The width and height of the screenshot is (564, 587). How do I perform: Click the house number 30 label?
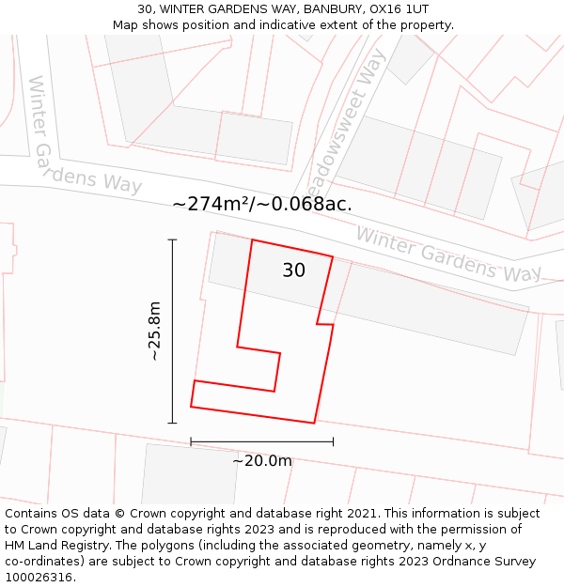[x=293, y=270]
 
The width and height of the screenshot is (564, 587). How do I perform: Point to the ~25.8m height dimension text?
[x=155, y=332]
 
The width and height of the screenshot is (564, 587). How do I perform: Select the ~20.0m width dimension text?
[x=262, y=460]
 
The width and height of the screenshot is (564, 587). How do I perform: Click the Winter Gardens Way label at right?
[x=447, y=254]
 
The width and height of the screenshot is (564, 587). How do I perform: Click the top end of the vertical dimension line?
[x=172, y=239]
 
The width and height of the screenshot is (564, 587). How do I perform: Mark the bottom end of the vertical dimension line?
[x=172, y=424]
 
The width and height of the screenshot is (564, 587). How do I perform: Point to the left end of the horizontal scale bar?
[x=191, y=440]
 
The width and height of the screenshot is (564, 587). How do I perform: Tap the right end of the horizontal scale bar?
[x=333, y=440]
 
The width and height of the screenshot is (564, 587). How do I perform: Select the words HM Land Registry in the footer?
[x=52, y=545]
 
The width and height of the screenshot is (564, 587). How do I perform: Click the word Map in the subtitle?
[x=126, y=25]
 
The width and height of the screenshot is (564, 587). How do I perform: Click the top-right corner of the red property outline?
[x=333, y=255]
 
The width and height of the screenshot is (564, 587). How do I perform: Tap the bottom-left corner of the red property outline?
[x=191, y=407]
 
